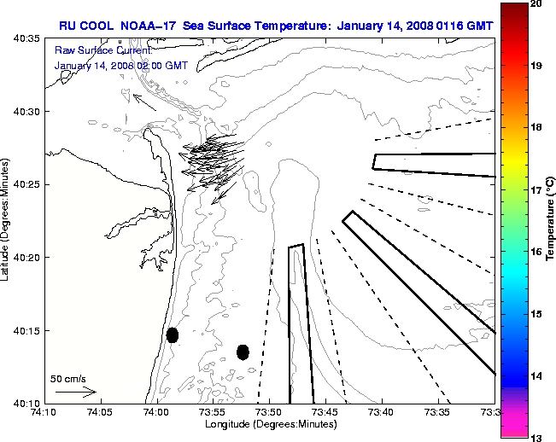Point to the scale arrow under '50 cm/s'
tap(76, 392)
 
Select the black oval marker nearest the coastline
tap(173, 334)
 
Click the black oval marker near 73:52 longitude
tap(243, 352)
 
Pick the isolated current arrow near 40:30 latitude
tap(144, 102)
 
